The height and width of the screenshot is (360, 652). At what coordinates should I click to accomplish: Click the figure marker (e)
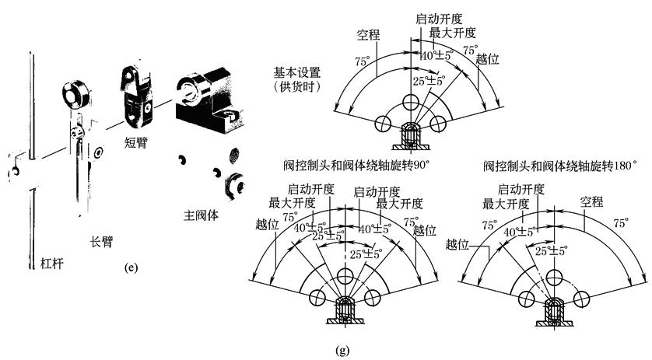(x=131, y=268)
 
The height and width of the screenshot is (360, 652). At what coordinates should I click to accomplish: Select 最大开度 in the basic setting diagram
(x=453, y=33)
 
